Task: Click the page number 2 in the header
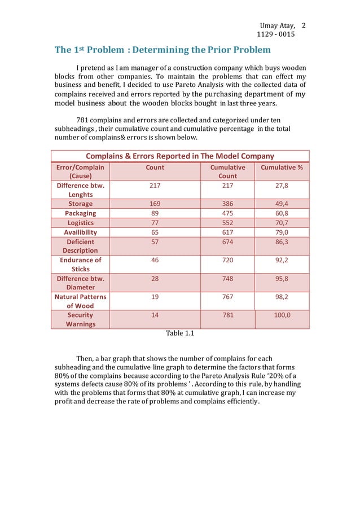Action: click(304, 26)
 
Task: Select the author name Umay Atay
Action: click(276, 27)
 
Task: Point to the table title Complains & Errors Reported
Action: click(179, 156)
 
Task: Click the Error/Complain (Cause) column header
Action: click(80, 172)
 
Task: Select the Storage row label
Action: click(80, 204)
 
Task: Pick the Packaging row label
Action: click(80, 213)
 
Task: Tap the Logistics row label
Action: click(80, 223)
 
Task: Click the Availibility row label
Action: click(80, 232)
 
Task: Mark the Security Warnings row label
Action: click(80, 319)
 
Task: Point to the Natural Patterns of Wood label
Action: click(80, 301)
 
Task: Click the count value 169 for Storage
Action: click(155, 204)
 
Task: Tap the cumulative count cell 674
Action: click(227, 241)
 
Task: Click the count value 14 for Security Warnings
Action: click(155, 315)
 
